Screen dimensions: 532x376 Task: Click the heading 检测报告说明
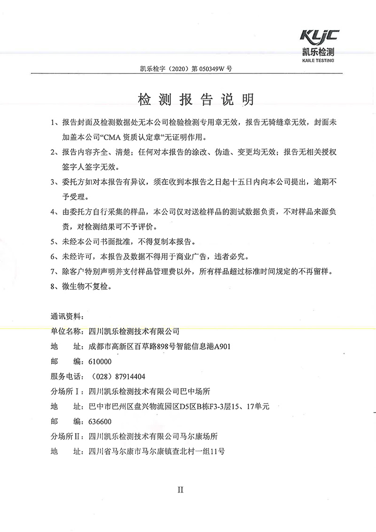pos(195,100)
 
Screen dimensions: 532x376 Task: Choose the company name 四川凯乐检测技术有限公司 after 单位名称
pos(134,331)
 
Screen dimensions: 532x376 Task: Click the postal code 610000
pos(100,361)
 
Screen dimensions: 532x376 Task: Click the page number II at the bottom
pos(180,490)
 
